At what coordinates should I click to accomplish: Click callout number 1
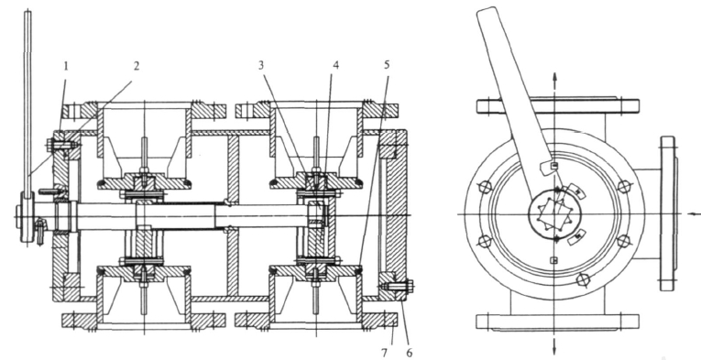pos(66,67)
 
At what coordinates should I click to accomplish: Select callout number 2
pos(137,66)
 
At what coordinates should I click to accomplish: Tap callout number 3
pos(261,65)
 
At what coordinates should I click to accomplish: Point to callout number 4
pos(335,65)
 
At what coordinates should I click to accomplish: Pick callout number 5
pos(387,65)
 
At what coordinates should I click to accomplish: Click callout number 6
pos(409,354)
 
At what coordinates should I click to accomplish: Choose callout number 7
pos(384,354)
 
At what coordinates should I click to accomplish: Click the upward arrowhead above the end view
pos(554,76)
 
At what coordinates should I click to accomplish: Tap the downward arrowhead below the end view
pos(554,348)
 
